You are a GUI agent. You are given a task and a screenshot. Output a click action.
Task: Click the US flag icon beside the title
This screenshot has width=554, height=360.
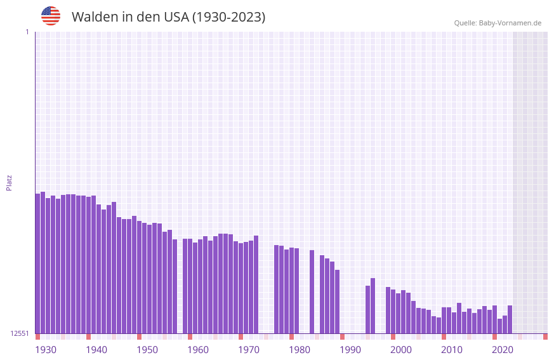point(51,16)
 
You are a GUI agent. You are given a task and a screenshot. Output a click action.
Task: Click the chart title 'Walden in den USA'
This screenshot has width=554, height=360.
point(168,17)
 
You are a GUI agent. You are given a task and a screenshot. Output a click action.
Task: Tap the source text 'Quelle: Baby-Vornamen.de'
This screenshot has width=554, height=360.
point(498,23)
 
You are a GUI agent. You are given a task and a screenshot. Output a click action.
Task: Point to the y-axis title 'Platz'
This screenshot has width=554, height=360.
point(9,182)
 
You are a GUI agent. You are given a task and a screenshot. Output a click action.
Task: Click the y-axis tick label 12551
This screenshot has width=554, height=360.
point(20,333)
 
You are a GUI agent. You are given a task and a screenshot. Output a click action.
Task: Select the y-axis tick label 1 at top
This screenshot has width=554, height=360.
point(27,32)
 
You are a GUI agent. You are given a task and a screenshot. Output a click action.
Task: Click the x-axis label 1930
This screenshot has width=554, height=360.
point(46,350)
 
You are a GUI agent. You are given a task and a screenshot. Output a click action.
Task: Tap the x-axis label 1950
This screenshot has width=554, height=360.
point(147,350)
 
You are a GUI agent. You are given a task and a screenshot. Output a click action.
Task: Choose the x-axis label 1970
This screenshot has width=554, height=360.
point(249,350)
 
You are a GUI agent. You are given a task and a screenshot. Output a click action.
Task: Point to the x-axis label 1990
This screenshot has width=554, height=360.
point(350,350)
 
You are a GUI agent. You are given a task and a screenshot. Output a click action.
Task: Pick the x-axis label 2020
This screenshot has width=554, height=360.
point(503,350)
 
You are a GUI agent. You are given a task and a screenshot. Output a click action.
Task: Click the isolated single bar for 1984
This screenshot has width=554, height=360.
point(312,291)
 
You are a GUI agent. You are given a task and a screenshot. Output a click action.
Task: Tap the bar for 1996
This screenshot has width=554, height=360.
point(373,305)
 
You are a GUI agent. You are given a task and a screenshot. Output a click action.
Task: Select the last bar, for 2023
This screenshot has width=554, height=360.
point(510,319)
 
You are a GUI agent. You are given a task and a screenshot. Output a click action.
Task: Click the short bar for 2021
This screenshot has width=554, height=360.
point(499,326)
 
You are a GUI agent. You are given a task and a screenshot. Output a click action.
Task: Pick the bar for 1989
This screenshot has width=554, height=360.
point(337,302)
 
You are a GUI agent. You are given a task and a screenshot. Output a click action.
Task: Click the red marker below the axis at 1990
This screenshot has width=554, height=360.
point(342,337)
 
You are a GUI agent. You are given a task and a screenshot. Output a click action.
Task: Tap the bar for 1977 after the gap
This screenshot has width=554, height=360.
point(276,289)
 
